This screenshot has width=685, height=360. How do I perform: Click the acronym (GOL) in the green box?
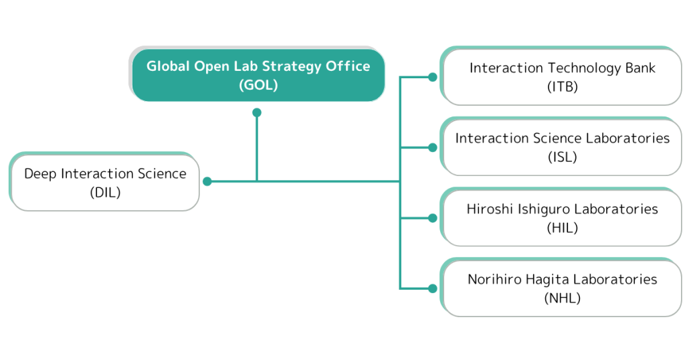click(x=258, y=85)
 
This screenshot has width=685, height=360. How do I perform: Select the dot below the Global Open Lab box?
click(x=257, y=112)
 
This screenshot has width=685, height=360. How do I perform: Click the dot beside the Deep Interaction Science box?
click(x=207, y=181)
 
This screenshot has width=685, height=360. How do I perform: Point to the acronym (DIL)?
click(x=105, y=192)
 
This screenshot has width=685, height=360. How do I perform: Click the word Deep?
click(x=40, y=174)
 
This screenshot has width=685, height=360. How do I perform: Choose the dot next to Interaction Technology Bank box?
click(x=433, y=78)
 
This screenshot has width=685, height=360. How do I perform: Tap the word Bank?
click(x=640, y=68)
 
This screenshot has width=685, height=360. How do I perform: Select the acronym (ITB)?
click(x=562, y=86)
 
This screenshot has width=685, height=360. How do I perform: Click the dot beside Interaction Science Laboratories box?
click(x=433, y=148)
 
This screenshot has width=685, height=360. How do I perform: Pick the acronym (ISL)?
click(x=562, y=157)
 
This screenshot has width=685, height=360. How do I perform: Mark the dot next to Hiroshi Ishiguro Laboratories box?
click(x=433, y=218)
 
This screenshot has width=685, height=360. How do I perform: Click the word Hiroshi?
click(x=490, y=209)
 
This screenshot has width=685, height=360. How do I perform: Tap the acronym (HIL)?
click(x=562, y=228)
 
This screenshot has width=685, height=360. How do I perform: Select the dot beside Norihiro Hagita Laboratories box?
click(x=433, y=288)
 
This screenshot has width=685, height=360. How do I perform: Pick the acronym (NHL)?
click(x=562, y=298)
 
